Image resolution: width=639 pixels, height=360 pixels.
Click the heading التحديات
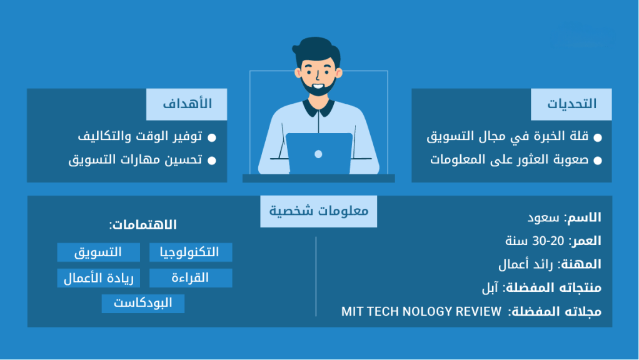tap(571, 104)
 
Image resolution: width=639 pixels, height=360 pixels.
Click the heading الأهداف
tap(187, 104)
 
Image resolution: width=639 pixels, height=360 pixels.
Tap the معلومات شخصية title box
tap(319, 211)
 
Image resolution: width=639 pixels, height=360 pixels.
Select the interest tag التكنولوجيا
tap(191, 252)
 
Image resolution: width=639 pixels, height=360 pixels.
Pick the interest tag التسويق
tap(99, 252)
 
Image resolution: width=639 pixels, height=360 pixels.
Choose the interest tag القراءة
tap(191, 278)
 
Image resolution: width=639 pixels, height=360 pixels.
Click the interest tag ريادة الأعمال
tap(99, 278)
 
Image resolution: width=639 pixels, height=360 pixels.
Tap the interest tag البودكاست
tap(143, 303)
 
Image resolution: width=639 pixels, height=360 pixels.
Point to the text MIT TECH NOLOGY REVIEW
tap(421, 311)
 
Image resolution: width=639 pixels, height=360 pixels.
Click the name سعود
tap(543, 217)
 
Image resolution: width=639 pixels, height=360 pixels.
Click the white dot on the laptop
tap(319, 154)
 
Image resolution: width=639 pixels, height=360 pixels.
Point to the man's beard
tap(318, 87)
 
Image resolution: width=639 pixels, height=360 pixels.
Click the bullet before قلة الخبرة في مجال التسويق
tap(598, 137)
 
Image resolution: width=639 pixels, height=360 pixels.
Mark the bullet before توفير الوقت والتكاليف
tap(212, 137)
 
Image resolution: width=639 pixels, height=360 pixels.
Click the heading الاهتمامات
tap(143, 224)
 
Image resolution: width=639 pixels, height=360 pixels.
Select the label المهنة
tap(580, 264)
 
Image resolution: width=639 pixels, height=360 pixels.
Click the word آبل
tap(490, 288)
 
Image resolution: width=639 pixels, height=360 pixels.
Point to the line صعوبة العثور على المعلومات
tap(510, 159)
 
